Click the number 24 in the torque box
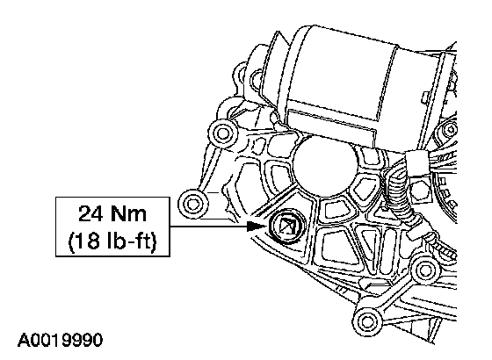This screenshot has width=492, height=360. (90, 213)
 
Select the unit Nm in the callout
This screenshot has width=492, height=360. (128, 213)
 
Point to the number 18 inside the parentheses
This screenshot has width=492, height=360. (86, 241)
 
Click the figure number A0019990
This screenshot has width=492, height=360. (61, 340)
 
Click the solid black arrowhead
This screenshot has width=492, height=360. (257, 227)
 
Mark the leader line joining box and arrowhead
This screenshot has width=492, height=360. (209, 227)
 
